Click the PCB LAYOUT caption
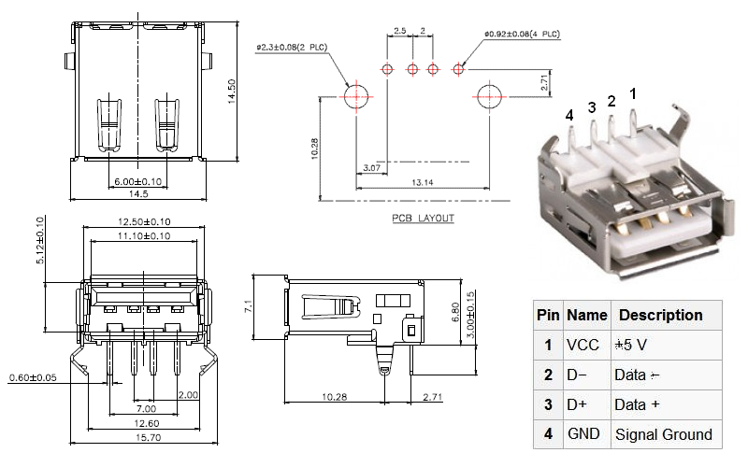[x=424, y=219]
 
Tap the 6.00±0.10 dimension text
[x=137, y=180]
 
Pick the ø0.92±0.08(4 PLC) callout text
[x=523, y=35]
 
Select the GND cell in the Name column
[x=584, y=433]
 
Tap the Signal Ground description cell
[x=663, y=433]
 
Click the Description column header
[x=661, y=315]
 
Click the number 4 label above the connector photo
[x=568, y=115]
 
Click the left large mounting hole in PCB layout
[x=356, y=96]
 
